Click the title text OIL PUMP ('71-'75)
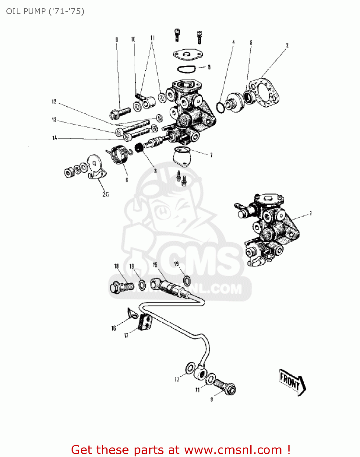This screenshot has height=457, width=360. coord(45,11)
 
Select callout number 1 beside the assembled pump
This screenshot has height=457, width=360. coord(311,213)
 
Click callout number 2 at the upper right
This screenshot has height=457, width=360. coord(287,45)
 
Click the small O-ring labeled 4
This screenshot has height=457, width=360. coord(221,107)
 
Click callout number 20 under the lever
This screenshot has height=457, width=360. coord(105,194)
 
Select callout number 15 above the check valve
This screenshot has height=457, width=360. coord(155,265)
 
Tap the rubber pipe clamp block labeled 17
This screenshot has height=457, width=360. coord(145,322)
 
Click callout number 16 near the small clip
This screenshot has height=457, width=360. coord(114,328)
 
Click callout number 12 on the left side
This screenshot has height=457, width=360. coord(54,102)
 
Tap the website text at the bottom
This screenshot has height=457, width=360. coord(180,450)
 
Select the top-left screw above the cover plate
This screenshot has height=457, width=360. coord(177,34)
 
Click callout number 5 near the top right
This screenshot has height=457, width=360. coord(251,43)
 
